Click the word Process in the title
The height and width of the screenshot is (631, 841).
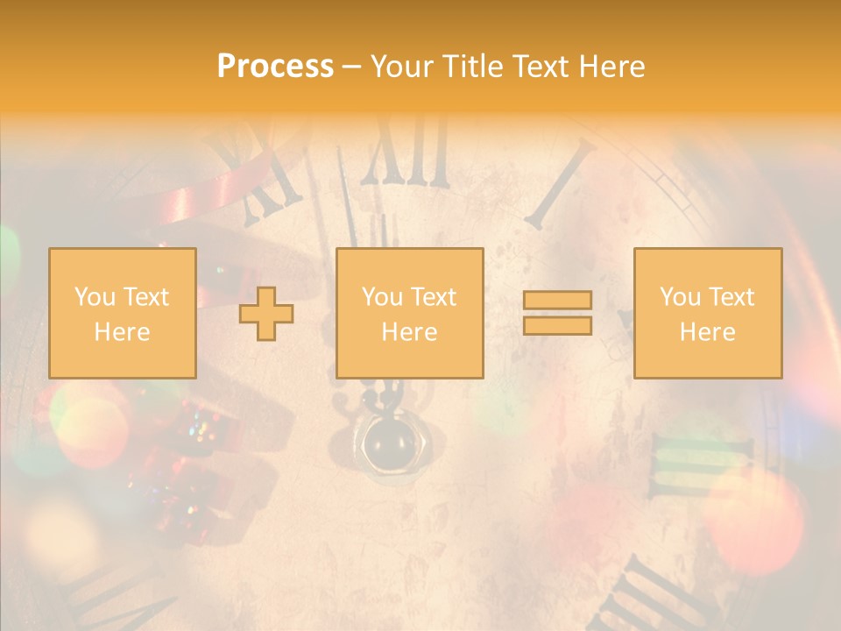coord(275,67)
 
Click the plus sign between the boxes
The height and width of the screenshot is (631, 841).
coord(266,314)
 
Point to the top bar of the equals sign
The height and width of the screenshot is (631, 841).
coord(557,301)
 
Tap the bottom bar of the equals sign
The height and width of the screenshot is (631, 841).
coord(557,325)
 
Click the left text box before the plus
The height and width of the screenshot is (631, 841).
coord(122,313)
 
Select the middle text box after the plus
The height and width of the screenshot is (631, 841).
coord(409,313)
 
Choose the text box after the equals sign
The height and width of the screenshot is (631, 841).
coord(707,313)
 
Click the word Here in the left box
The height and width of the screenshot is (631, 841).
coord(122,332)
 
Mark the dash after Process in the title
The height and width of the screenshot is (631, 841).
coord(352,67)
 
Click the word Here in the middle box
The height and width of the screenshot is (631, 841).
coord(409,332)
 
